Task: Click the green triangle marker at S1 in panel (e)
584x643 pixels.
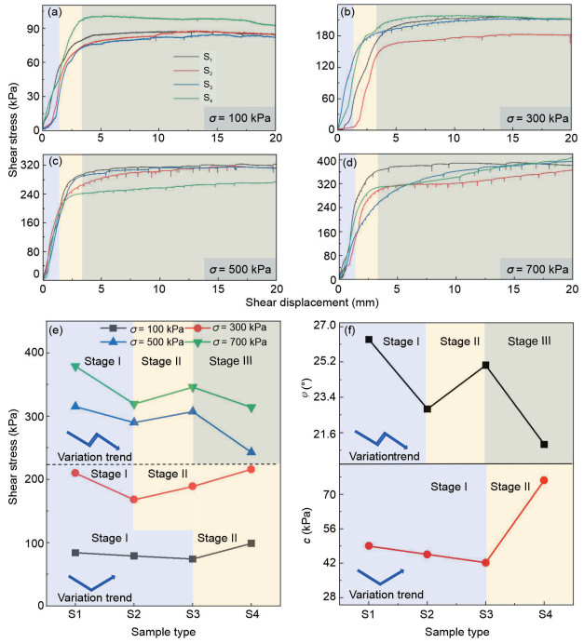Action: coord(75,368)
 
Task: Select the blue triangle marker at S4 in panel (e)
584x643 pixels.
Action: coord(251,452)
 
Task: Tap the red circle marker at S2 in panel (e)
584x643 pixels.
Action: coord(134,500)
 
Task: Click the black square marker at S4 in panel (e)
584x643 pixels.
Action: coord(251,543)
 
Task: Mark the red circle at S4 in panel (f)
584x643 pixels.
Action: coord(545,480)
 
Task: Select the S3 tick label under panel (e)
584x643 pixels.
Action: coord(192,615)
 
